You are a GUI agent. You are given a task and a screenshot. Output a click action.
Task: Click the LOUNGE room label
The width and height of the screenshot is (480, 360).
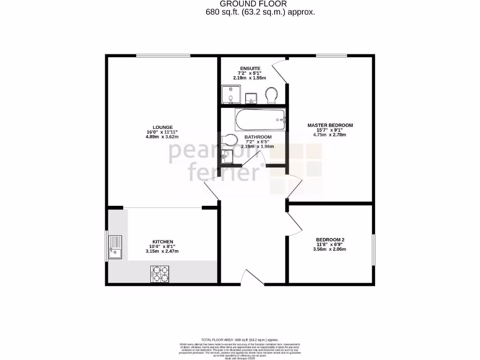tap(162, 127)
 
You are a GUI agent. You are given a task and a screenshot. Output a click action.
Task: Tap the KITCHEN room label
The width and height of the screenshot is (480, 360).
tap(162, 242)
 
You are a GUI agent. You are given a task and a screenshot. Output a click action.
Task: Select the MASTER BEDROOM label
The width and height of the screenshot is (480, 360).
tap(330, 125)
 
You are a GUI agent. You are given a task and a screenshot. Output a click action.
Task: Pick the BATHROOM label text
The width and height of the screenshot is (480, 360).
tap(258, 137)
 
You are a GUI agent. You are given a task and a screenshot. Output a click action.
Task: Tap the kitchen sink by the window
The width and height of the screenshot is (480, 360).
tap(115, 247)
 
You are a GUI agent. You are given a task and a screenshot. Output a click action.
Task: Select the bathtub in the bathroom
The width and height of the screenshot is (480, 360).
tap(260, 120)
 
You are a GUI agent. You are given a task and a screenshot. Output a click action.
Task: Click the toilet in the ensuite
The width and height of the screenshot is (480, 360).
tap(271, 95)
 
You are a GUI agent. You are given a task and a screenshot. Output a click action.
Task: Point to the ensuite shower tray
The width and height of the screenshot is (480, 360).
tap(230, 95)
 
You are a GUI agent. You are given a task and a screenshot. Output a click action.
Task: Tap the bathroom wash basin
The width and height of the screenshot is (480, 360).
tap(227, 156)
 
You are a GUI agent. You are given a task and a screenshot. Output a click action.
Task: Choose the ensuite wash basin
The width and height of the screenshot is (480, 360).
tap(251, 97)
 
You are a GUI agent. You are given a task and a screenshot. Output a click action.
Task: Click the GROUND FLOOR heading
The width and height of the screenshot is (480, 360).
tap(260, 4)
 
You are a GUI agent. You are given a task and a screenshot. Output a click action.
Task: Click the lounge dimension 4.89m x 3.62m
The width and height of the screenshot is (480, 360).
tap(162, 136)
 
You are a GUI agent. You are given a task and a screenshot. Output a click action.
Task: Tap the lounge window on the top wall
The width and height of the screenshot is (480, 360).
tap(163, 56)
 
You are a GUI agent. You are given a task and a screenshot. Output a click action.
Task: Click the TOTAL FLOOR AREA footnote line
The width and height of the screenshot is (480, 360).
tap(240, 340)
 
